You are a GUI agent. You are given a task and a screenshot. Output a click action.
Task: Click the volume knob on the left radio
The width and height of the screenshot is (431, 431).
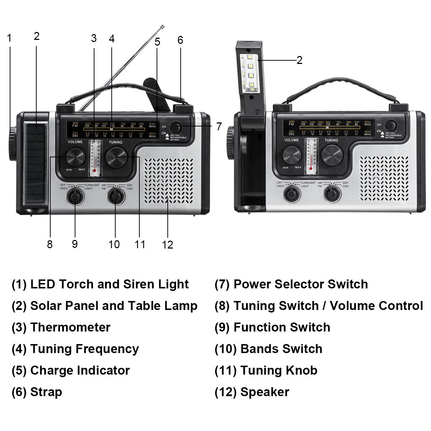75,157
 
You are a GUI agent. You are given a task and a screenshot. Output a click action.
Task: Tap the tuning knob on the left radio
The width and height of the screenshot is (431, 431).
117,157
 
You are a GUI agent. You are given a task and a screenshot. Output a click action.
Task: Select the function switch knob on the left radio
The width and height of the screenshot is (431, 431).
75,196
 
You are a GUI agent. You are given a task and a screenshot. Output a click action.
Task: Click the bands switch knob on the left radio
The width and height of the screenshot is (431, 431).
115,196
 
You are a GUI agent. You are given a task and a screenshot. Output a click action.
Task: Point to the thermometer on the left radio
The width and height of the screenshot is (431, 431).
95,158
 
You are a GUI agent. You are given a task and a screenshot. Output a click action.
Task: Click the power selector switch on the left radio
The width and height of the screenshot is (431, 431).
176,128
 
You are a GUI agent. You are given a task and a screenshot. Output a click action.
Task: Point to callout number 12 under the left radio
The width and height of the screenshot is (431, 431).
167,245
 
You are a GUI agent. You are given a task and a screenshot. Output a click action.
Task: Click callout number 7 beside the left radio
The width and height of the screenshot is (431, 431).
219,127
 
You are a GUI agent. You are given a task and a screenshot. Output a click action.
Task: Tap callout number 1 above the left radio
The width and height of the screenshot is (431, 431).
9,38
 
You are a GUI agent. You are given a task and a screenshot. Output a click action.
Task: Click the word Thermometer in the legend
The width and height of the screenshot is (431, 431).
70,327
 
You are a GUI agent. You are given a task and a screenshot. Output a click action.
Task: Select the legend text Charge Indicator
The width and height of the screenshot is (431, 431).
80,370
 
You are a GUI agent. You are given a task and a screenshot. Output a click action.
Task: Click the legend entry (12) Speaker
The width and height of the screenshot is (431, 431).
252,392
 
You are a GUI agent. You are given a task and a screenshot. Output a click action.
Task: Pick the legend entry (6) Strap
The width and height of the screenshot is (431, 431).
37,392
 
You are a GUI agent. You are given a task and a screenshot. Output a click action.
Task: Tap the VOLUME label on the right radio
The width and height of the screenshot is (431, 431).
292,140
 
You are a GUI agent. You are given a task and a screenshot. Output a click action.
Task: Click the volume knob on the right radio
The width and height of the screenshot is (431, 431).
292,156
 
